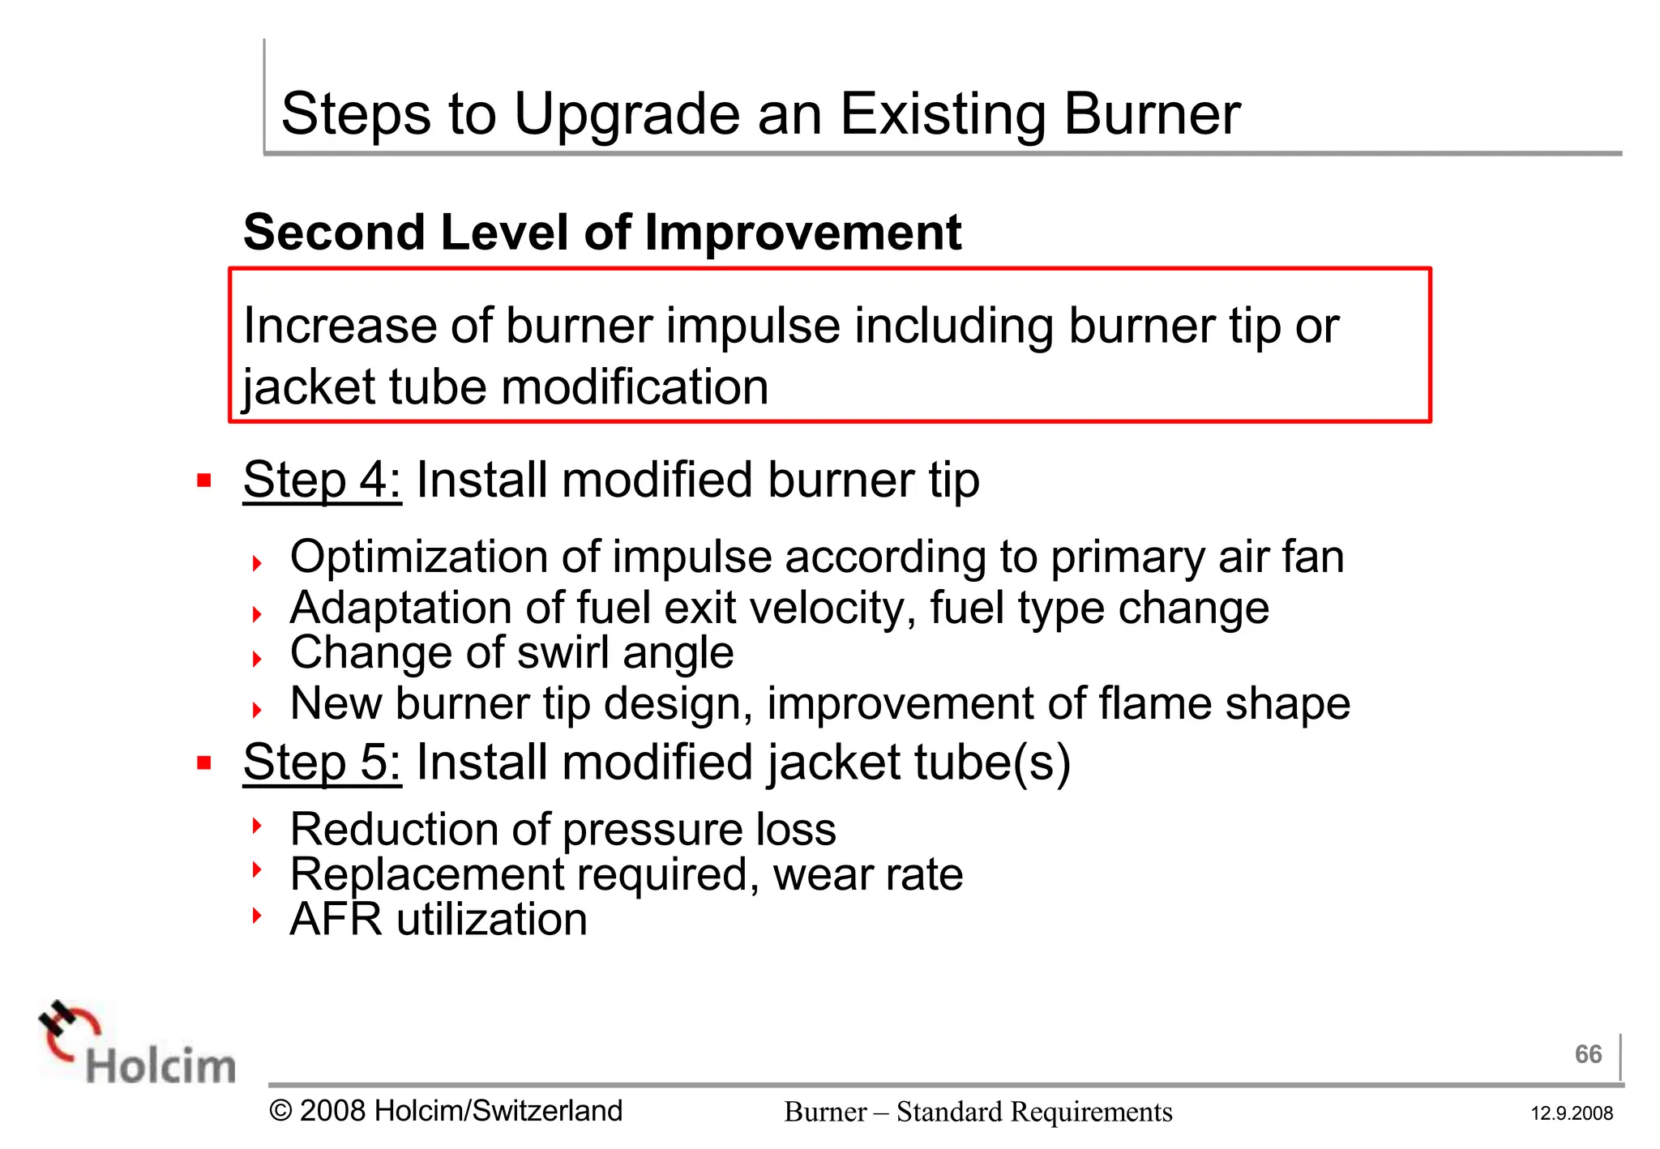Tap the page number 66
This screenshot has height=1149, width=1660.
click(1588, 1054)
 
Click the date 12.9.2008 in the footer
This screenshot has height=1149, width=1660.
click(1572, 1113)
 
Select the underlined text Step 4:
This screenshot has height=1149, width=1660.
click(322, 480)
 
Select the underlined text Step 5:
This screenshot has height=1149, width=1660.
click(322, 762)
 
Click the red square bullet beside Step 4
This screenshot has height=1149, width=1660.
click(204, 481)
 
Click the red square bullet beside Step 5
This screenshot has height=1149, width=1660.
click(204, 763)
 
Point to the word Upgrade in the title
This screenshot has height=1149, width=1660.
click(627, 114)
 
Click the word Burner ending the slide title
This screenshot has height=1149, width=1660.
click(1152, 114)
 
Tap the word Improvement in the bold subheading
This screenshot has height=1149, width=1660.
click(802, 233)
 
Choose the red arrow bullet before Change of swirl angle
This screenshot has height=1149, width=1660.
click(257, 659)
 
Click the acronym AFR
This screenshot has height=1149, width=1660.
click(336, 920)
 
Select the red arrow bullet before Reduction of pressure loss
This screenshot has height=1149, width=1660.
click(257, 826)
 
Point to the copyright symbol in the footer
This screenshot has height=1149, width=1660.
click(280, 1111)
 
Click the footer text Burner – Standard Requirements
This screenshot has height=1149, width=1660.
click(978, 1112)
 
